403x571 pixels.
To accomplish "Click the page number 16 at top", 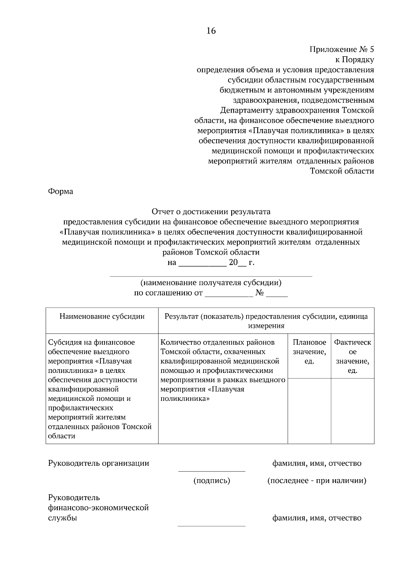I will [x=211, y=31].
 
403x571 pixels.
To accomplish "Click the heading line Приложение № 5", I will [x=341, y=50].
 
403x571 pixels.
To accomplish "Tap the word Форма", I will [x=60, y=192].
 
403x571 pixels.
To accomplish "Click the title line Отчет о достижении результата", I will [x=211, y=212].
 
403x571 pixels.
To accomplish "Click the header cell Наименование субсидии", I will [x=102, y=316].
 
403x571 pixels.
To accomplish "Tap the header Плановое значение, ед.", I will [x=309, y=352].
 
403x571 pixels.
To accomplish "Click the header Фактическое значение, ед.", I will [x=353, y=356].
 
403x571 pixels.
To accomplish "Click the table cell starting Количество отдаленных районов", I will [x=223, y=370].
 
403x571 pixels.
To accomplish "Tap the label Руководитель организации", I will [x=99, y=463].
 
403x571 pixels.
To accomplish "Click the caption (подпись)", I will [x=212, y=481].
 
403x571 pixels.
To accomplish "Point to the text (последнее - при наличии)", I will [x=317, y=481].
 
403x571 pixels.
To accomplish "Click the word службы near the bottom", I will [x=62, y=518].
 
